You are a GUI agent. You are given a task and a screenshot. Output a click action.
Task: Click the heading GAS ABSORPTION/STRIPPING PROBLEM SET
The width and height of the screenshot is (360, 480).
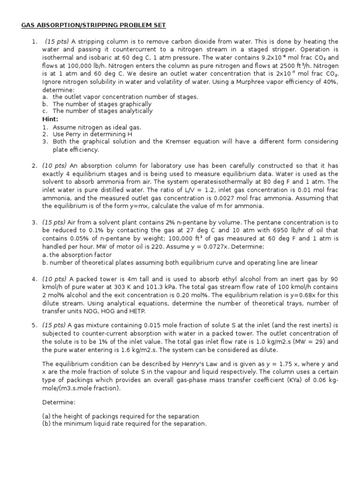pyautogui.click(x=93, y=25)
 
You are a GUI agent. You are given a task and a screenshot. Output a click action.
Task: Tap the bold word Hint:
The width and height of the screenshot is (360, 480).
pyautogui.click(x=51, y=119)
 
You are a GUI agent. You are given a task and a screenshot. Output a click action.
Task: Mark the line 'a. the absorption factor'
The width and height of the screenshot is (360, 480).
pyautogui.click(x=77, y=255)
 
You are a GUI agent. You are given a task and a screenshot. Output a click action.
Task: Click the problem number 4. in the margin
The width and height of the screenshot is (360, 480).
pyautogui.click(x=35, y=279)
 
